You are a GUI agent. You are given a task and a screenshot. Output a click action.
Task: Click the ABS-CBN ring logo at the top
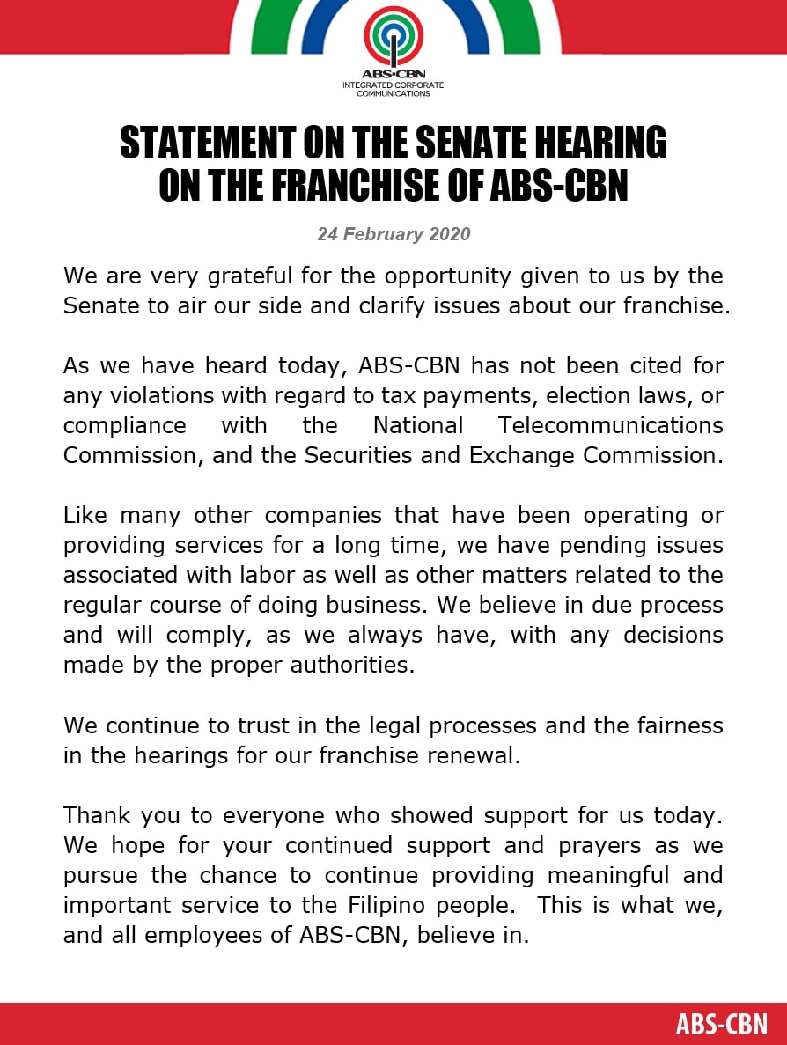point(393,37)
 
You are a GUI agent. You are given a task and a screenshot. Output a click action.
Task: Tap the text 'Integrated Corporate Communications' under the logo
point(393,89)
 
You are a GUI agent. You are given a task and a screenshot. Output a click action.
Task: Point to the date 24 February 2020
point(393,234)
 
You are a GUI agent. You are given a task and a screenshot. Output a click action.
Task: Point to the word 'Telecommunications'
point(610,425)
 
